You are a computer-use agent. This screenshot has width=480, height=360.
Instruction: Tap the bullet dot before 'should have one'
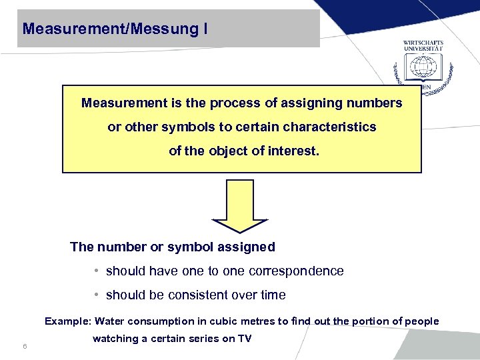[97, 271]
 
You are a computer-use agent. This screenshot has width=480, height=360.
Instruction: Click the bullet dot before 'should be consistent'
[97, 295]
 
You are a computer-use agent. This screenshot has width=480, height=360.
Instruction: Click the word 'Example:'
[69, 321]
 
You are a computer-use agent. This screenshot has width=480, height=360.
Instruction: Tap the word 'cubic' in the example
[214, 321]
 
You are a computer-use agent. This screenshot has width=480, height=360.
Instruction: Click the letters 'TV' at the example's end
[244, 339]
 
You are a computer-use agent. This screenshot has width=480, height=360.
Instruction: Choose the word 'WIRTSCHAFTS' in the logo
[423, 43]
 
